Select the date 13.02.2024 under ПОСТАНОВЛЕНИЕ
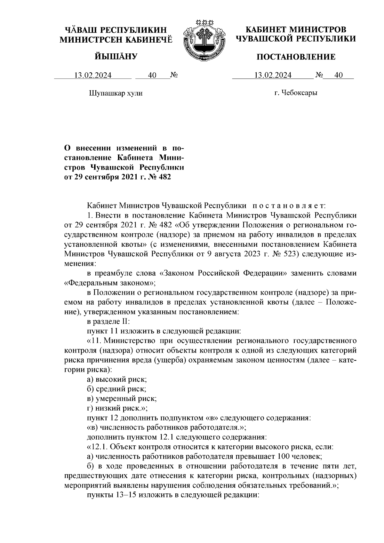pyautogui.click(x=273, y=75)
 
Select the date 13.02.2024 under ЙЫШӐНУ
pyautogui.click(x=93, y=76)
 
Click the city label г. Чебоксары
pyautogui.click(x=296, y=93)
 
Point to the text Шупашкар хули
pyautogui.click(x=115, y=93)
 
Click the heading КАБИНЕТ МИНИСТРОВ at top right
pyautogui.click(x=296, y=30)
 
